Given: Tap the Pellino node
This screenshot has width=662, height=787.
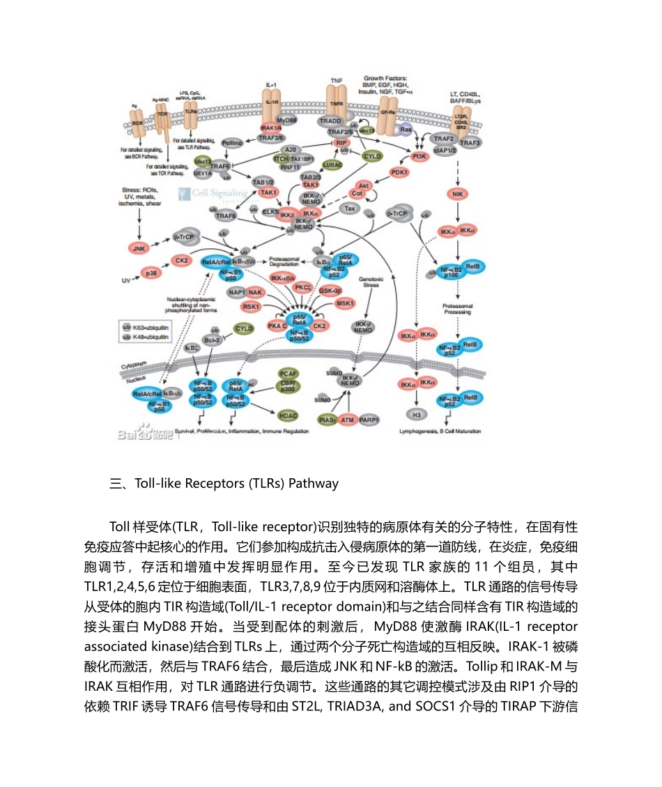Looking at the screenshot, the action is point(231,143).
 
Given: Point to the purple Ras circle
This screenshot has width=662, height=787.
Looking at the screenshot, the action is point(406,129).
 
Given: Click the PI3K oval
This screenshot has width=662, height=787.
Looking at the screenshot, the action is point(419,157).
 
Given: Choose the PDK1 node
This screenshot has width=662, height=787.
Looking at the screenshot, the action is point(399,171).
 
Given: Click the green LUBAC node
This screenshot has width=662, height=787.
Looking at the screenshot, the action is point(332,165).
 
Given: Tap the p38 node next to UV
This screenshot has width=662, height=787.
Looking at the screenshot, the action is point(149,273).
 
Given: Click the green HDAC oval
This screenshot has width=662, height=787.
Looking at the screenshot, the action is point(288,415).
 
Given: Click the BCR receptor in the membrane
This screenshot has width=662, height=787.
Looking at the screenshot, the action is point(137,123).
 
